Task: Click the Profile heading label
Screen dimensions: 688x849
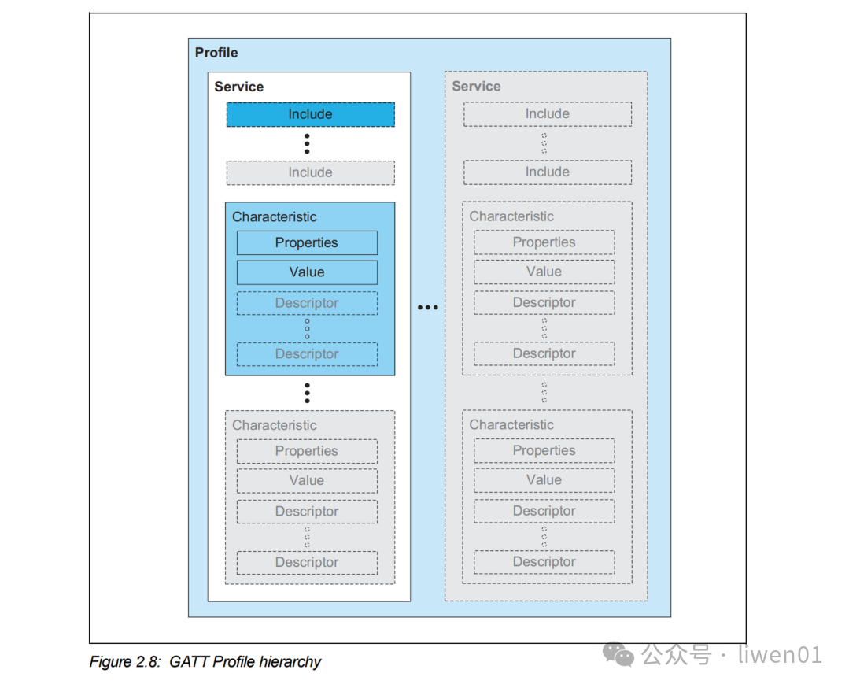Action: (216, 53)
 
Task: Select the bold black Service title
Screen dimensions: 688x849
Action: (238, 87)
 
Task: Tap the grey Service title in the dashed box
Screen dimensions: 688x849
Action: (476, 87)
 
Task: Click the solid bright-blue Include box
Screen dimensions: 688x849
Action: (310, 114)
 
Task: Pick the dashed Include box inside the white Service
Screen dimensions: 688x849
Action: (310, 172)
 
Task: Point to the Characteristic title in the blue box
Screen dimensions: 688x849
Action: (275, 216)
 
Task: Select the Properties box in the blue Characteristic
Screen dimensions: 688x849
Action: (307, 242)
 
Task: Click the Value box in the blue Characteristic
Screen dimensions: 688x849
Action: (307, 272)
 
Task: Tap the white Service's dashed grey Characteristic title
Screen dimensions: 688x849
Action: (275, 425)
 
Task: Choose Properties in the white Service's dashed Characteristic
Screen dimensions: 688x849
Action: (307, 451)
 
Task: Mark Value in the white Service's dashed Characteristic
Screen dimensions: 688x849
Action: (307, 480)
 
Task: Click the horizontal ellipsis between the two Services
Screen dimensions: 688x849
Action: (427, 307)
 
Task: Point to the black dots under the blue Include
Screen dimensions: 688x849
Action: (307, 143)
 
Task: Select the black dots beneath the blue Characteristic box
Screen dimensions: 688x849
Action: (307, 393)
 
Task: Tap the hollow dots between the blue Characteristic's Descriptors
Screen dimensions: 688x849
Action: (307, 328)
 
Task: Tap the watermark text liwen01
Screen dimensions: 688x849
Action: (780, 654)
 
